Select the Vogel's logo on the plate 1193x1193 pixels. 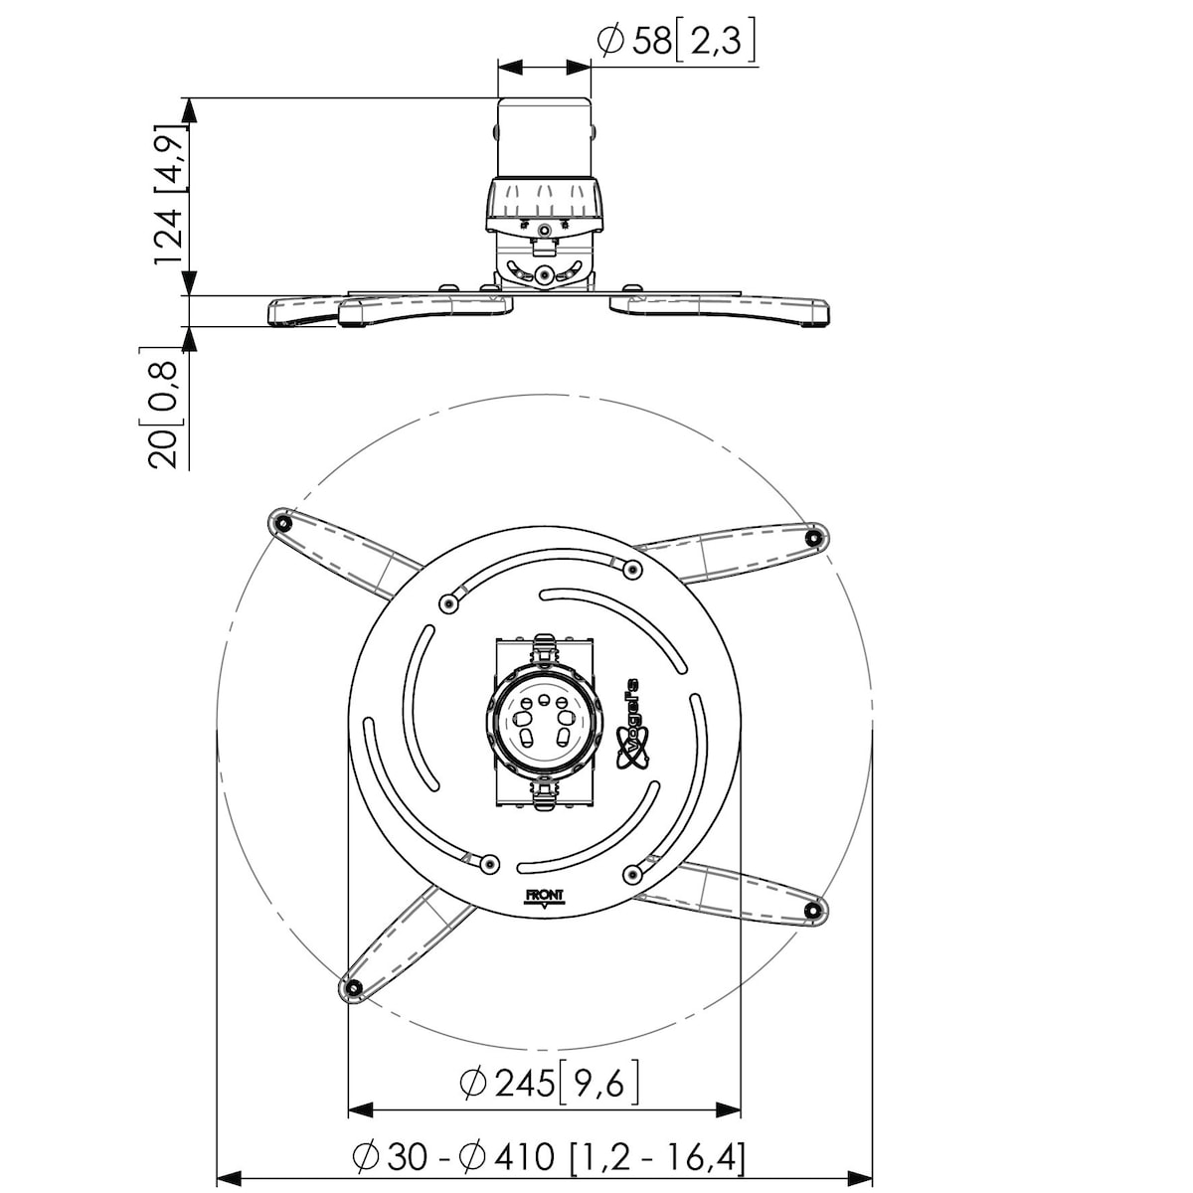pos(629,723)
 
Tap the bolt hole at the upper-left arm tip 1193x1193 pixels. pos(283,524)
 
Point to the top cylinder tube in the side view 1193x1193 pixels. pos(544,138)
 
